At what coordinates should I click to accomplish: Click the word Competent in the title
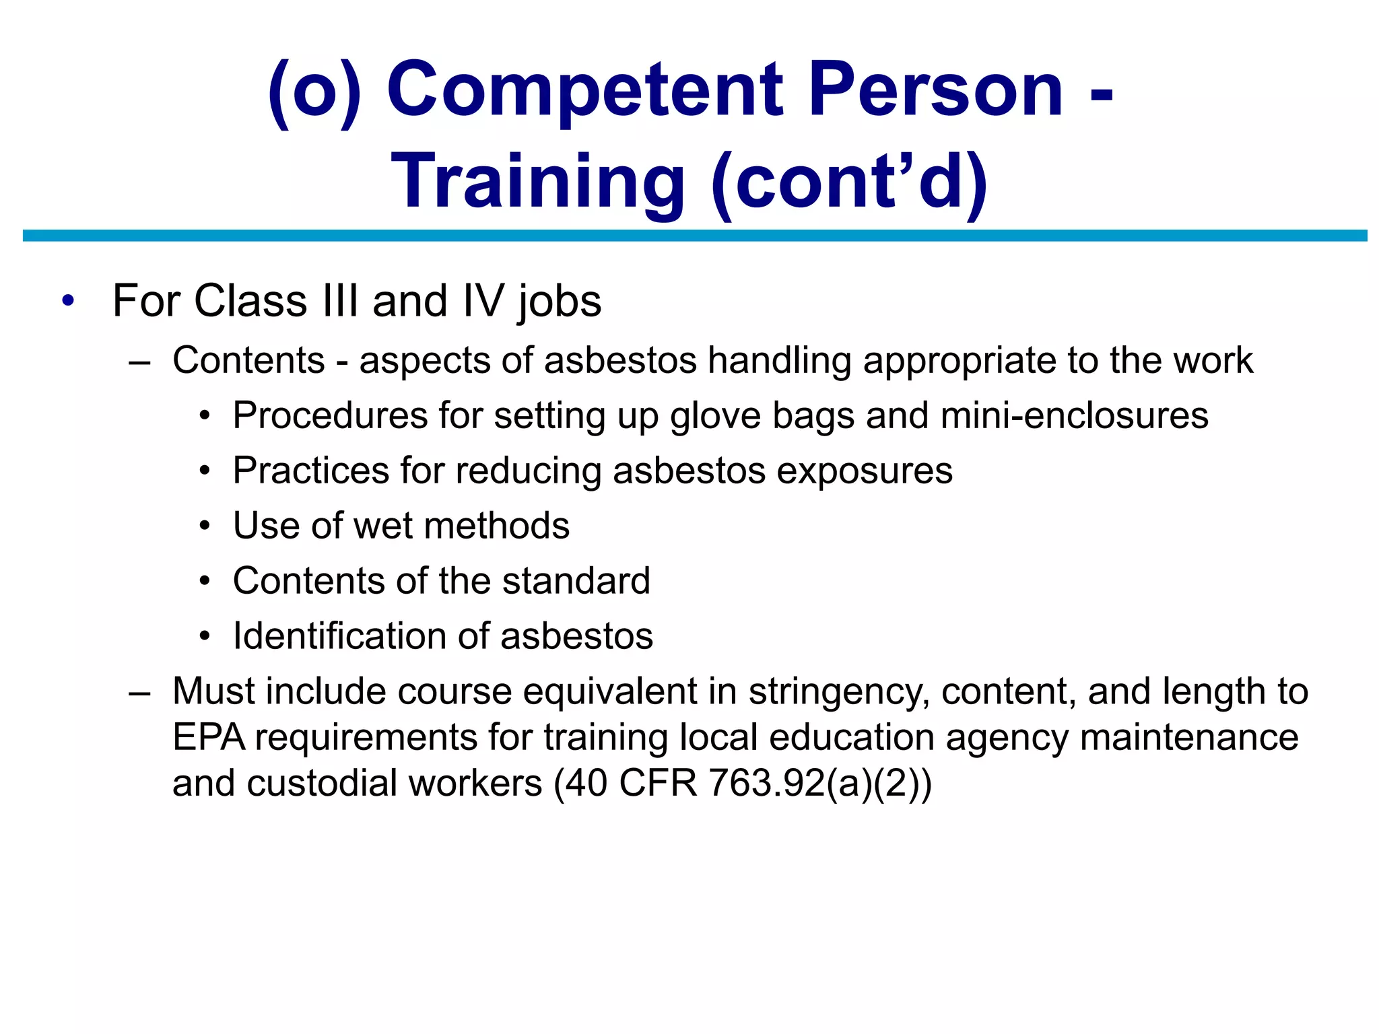coord(584,90)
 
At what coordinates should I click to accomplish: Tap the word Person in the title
coord(935,90)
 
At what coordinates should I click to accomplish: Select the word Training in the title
coord(538,182)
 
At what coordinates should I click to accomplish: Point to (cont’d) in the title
coord(849,182)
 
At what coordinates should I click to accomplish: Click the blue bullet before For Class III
coord(67,301)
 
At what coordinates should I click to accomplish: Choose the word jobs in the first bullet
coord(560,301)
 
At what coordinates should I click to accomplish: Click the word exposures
coord(865,471)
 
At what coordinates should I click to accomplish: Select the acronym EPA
coord(209,737)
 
